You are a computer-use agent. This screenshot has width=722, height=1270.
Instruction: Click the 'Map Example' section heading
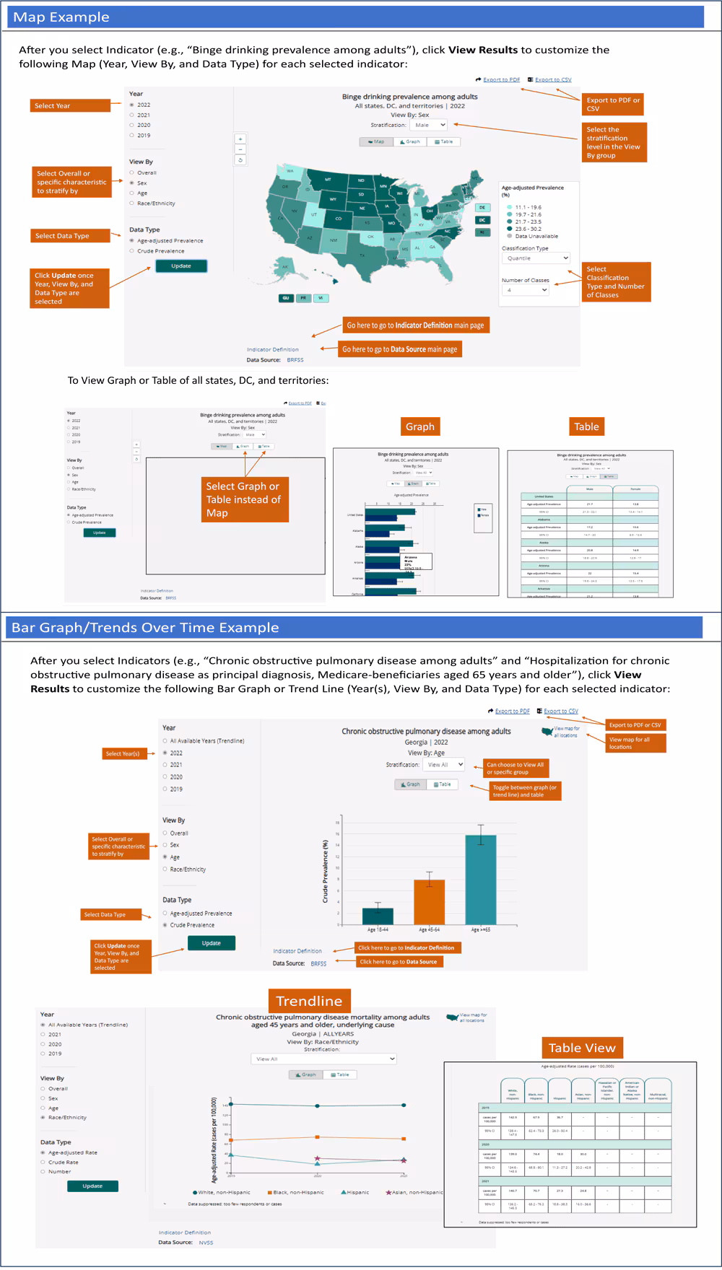coord(61,17)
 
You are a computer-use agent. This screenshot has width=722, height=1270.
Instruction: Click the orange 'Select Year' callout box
coord(70,105)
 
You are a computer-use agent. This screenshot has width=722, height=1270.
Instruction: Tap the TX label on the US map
coord(362,254)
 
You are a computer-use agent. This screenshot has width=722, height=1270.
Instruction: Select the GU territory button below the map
coord(286,298)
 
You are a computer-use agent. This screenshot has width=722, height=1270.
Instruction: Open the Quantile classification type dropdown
coord(536,258)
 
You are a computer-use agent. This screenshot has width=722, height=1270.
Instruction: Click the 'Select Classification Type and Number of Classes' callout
coord(615,281)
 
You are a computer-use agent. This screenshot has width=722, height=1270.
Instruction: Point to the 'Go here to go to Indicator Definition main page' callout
coord(415,325)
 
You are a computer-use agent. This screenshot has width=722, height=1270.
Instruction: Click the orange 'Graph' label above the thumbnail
coord(420,426)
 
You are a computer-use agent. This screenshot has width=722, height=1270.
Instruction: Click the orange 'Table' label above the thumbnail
coord(586,426)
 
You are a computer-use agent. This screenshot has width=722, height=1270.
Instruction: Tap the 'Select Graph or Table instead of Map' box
coord(244,499)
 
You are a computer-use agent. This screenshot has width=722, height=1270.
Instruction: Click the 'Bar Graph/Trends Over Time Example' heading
coord(145,628)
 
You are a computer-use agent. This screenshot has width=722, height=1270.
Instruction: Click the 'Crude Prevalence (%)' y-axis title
coord(326,872)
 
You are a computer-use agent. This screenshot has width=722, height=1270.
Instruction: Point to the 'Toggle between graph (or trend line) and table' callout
coord(524,791)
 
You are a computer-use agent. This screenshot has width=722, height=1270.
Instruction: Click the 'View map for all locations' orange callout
coord(635,743)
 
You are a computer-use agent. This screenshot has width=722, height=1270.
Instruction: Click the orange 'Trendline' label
coord(309,1001)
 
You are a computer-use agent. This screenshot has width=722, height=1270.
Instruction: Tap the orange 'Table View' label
coord(581,1048)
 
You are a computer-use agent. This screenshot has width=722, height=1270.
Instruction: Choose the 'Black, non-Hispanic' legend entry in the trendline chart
coord(296,1193)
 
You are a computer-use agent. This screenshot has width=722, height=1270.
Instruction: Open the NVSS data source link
coord(206,1243)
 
